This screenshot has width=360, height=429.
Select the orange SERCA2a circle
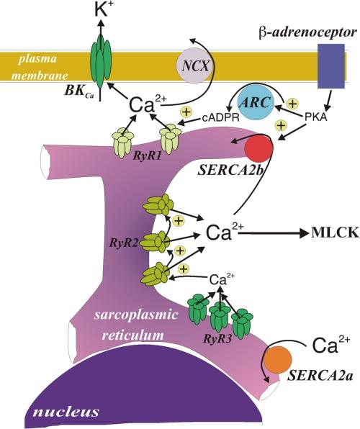284,360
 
